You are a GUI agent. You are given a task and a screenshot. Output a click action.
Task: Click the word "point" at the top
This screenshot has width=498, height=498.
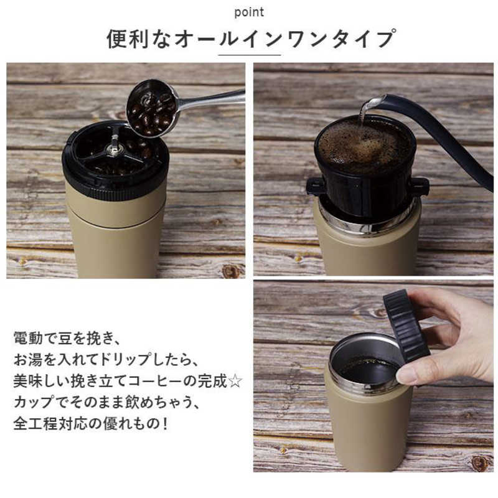point(250,12)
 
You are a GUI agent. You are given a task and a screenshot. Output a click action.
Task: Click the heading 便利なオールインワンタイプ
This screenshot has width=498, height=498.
point(250,39)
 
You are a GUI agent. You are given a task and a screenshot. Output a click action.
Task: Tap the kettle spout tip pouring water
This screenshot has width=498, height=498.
point(367,103)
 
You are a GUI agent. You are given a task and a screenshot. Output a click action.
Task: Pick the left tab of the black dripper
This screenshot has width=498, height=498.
point(315,186)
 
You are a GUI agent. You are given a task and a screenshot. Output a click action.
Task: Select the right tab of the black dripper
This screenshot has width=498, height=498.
point(418,186)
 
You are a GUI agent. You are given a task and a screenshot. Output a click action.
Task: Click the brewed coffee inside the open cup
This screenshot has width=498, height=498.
point(367,370)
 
